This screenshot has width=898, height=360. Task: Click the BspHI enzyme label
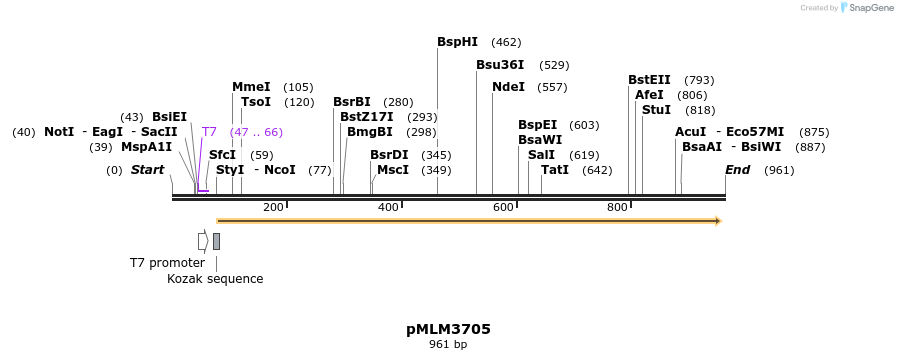[457, 42]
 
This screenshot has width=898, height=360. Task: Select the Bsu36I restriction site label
[500, 65]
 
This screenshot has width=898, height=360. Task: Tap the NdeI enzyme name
[508, 87]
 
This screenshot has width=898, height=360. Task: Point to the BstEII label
[649, 80]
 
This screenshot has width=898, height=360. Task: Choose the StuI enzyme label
[656, 110]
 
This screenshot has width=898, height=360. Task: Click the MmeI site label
[251, 87]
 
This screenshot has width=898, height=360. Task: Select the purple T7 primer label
[209, 132]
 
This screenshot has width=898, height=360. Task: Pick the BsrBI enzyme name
[352, 102]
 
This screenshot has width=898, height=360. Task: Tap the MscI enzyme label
[393, 170]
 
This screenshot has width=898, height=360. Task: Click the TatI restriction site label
[555, 170]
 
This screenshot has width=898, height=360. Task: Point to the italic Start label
[147, 170]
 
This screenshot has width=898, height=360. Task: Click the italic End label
[738, 170]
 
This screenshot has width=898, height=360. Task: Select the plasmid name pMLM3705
[448, 328]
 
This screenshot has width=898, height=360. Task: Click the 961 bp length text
[448, 345]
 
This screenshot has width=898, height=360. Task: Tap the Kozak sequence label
[215, 279]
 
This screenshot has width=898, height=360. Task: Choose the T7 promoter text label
[167, 263]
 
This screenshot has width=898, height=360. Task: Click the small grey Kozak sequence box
[216, 241]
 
